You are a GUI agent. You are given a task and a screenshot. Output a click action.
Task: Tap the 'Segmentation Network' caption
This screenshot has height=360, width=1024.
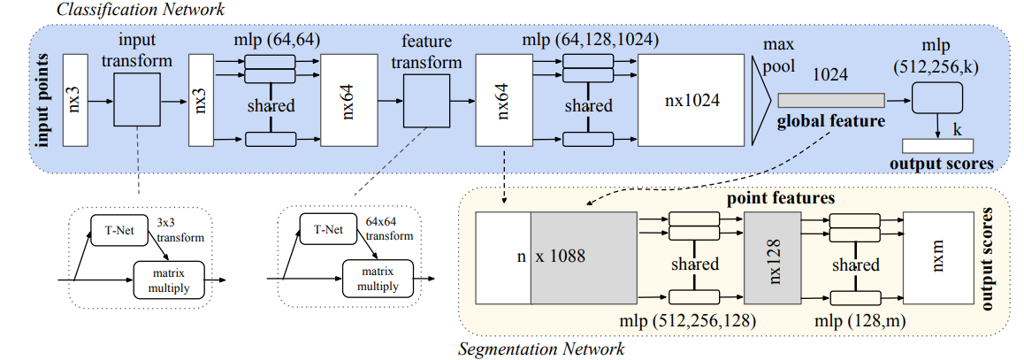[540, 349]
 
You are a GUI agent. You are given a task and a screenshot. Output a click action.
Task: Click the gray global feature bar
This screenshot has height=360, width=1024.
[830, 102]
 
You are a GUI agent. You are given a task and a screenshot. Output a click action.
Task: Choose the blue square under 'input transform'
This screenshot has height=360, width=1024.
[137, 101]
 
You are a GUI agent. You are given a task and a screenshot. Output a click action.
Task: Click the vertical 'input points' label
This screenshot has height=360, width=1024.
[40, 101]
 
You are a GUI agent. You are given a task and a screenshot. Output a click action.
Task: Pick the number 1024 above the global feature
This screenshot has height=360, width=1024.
[831, 76]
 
